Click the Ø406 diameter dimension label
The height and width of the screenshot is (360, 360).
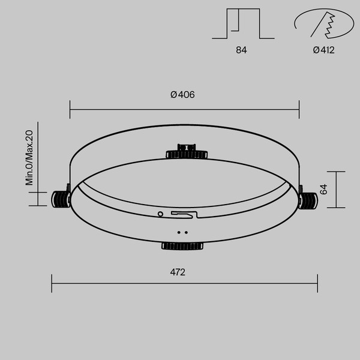(x=183, y=95)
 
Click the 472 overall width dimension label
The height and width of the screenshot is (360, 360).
(x=178, y=272)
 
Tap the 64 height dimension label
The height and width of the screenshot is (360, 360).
(x=323, y=190)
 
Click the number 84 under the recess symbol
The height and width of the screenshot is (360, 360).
(x=241, y=50)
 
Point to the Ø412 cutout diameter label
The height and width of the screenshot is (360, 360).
(x=323, y=50)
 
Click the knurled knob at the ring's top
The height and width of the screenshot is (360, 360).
(x=187, y=152)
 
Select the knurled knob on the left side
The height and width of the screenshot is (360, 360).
(x=61, y=199)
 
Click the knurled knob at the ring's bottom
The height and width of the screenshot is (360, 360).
(x=182, y=245)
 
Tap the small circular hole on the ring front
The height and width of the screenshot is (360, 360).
(x=160, y=213)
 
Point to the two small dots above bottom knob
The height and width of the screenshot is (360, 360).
(x=182, y=232)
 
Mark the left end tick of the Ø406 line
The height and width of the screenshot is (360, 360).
(x=70, y=110)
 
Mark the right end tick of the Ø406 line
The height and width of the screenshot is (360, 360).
(x=299, y=110)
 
